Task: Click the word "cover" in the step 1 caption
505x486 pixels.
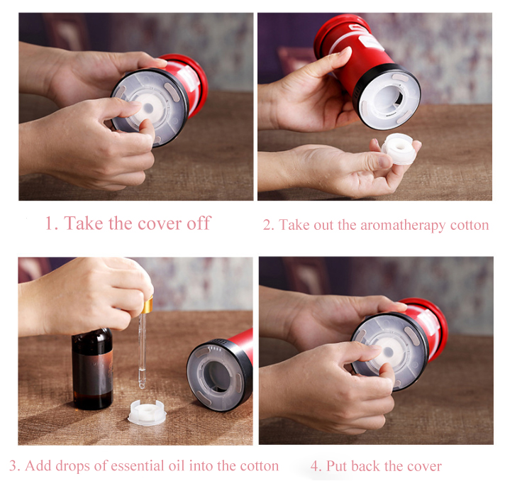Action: coord(158,223)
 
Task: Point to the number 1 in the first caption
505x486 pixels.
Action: coord(49,223)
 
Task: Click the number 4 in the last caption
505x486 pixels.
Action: coord(313,466)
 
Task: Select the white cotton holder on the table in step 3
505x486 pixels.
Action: coord(147,412)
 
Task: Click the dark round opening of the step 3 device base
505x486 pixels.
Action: coord(218,375)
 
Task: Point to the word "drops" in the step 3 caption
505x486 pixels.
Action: coord(73,466)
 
